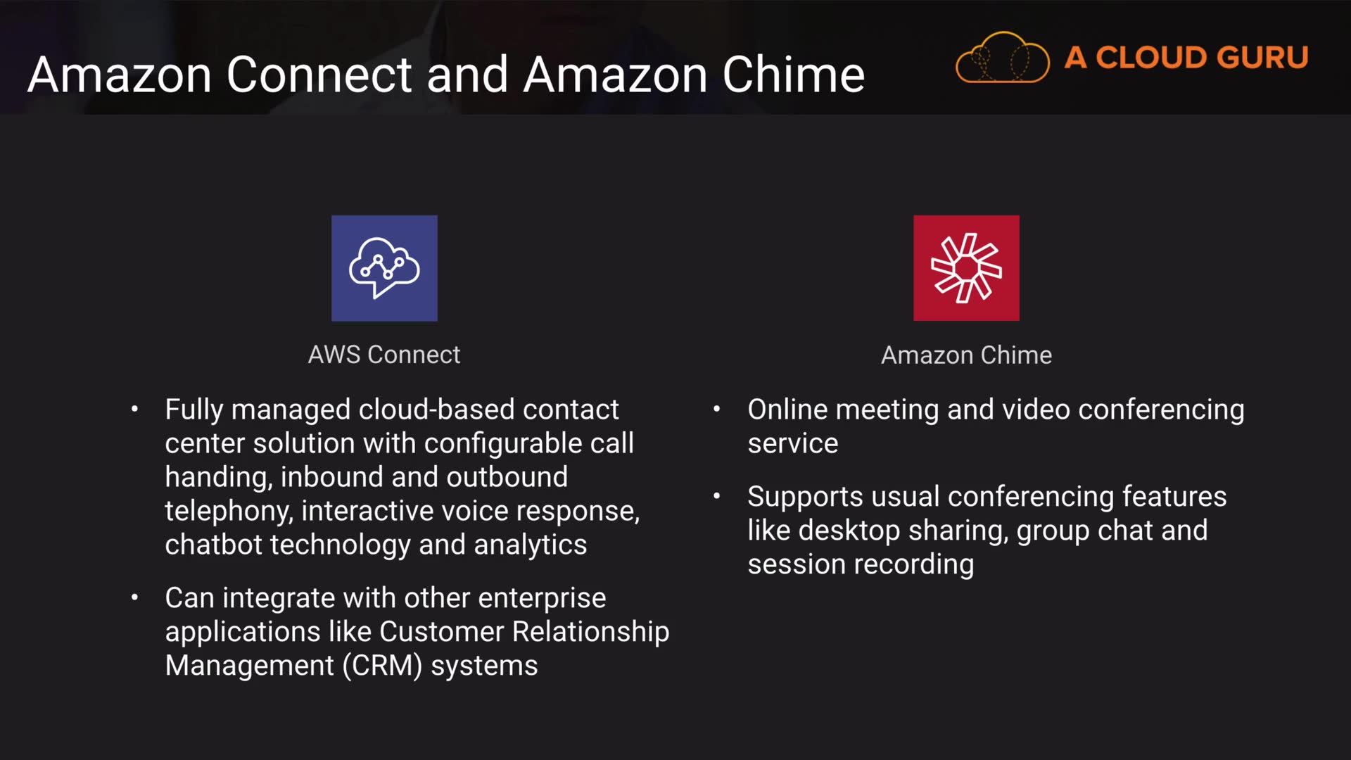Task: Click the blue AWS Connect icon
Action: coord(384,268)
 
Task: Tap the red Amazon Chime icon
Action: coord(966,268)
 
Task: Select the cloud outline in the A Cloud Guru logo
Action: coord(1002,58)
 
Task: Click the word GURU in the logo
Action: coord(1262,58)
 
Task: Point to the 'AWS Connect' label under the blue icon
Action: coord(384,355)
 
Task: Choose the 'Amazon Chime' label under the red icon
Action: coord(966,355)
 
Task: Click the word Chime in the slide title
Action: coord(793,75)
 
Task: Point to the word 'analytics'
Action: coord(530,545)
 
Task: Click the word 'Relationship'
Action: coord(590,632)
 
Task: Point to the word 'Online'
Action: coord(787,410)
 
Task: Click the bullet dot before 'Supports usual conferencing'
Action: coord(716,496)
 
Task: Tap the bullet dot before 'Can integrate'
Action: coord(134,597)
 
